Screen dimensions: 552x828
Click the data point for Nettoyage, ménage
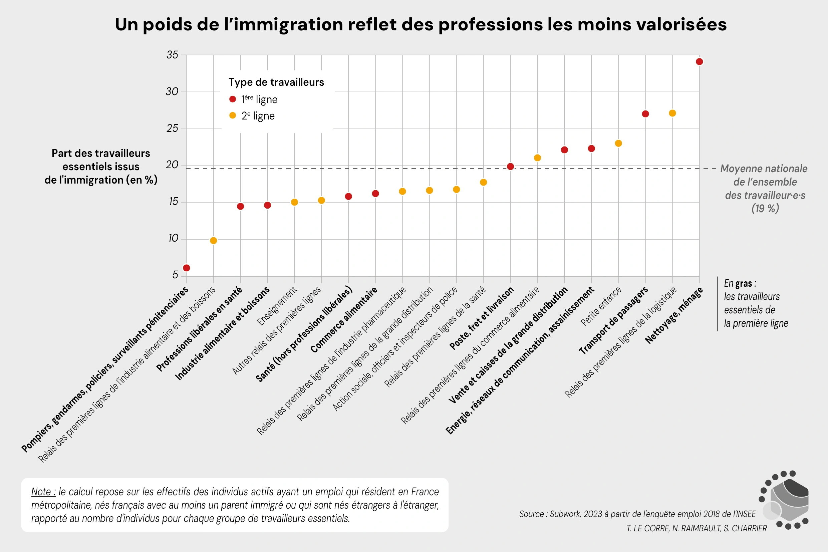click(x=699, y=62)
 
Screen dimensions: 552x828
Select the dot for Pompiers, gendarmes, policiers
click(x=187, y=268)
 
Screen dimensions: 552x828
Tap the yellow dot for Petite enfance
click(x=618, y=143)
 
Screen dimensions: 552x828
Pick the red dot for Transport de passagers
click(x=645, y=114)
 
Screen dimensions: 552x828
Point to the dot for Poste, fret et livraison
click(x=510, y=167)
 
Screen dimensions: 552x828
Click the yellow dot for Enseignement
click(x=294, y=202)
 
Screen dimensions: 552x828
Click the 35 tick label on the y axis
click(x=172, y=55)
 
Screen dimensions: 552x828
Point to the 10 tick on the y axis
click(x=173, y=238)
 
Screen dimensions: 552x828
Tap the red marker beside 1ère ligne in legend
click(x=232, y=99)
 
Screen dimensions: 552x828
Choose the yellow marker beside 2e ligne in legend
click(x=232, y=115)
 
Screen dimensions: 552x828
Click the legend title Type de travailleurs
click(x=276, y=82)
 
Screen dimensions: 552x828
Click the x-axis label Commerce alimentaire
click(x=344, y=320)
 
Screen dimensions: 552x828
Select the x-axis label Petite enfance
click(x=601, y=306)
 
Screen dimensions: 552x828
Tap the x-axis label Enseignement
click(x=277, y=306)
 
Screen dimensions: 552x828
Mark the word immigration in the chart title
click(x=288, y=25)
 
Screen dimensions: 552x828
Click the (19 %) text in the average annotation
click(x=765, y=208)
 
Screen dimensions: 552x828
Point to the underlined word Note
click(x=43, y=492)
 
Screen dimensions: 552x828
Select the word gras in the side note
click(x=744, y=283)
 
